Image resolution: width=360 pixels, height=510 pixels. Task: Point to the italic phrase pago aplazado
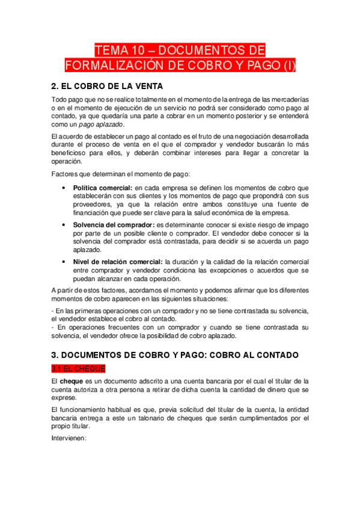tap(100, 124)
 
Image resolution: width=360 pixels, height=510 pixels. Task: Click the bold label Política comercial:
tap(103, 189)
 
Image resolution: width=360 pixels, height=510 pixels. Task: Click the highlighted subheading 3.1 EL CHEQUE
tap(79, 368)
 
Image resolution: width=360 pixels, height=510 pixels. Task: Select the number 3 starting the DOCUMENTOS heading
tap(54, 355)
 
